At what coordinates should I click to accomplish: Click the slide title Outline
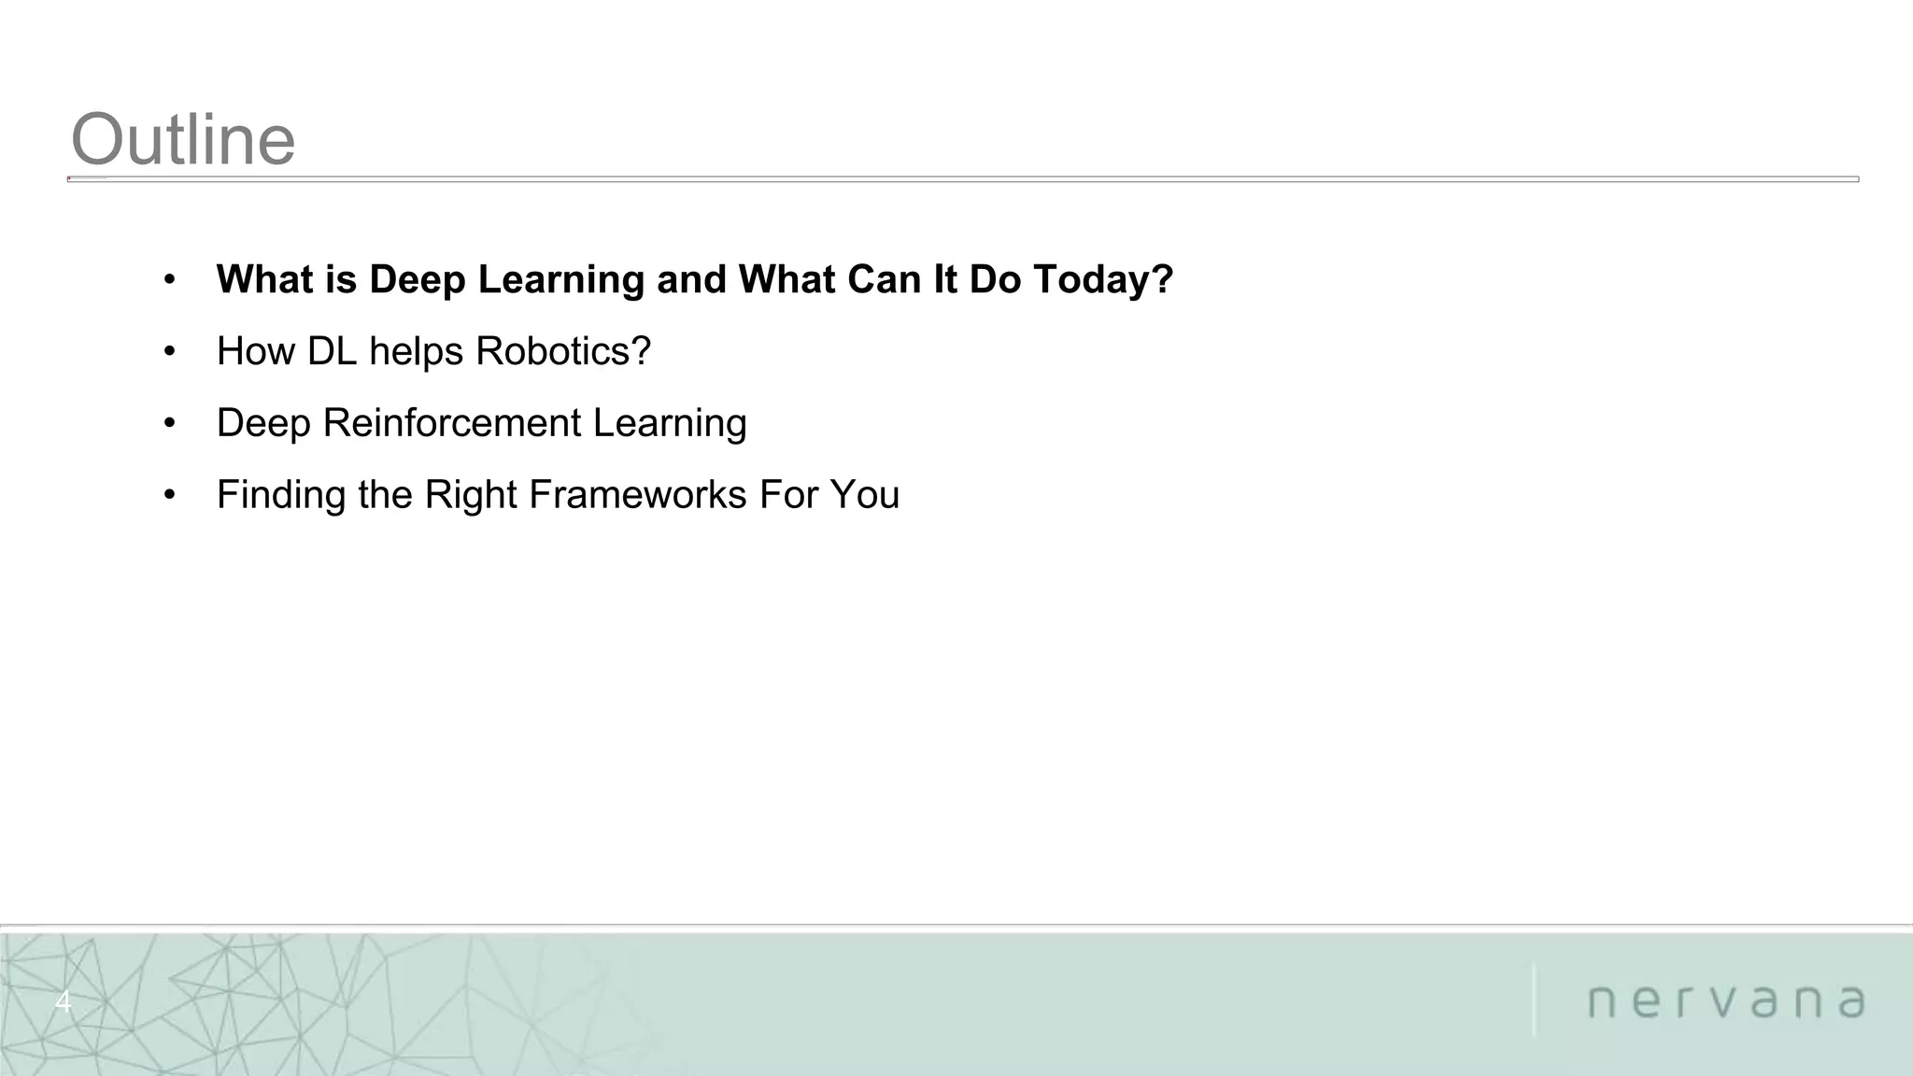coord(183,140)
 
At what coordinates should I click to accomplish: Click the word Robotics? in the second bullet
coord(562,351)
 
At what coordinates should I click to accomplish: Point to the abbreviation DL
coord(333,351)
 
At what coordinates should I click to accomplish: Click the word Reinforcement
coord(451,423)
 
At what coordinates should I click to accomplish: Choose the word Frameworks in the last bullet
coord(637,494)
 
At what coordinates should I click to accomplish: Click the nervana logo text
coord(1726,1001)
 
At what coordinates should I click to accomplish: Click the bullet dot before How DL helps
coord(169,352)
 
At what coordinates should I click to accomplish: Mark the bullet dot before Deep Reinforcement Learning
coord(169,424)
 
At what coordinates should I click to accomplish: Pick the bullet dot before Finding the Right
coord(169,495)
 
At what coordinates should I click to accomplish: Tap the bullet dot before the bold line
coord(169,280)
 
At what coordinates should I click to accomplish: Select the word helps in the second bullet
coord(417,351)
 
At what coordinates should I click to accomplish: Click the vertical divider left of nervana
coord(1534,999)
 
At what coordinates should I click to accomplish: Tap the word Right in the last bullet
coord(471,494)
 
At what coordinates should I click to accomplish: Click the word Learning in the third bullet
coord(669,423)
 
